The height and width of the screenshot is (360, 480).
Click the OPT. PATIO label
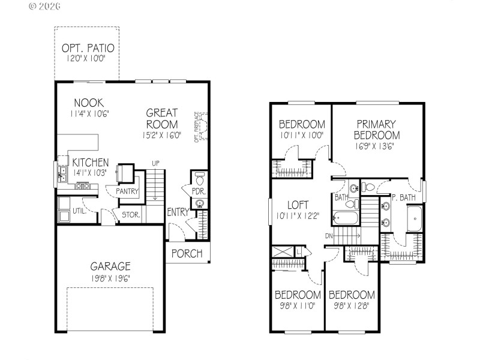[x=88, y=48]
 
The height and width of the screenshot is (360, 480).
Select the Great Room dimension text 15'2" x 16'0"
[x=161, y=136]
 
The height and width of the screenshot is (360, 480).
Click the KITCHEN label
[x=91, y=163]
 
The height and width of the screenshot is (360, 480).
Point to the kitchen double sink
[x=62, y=174]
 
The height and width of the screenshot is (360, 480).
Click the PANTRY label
[x=128, y=191]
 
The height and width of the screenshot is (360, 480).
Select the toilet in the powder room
[x=200, y=178]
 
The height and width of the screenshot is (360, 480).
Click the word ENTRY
[x=178, y=212]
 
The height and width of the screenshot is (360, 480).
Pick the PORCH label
[x=187, y=253]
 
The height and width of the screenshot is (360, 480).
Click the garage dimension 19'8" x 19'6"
[x=110, y=278]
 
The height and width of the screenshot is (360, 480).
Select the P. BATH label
[x=404, y=197]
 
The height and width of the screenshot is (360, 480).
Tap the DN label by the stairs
[x=329, y=236]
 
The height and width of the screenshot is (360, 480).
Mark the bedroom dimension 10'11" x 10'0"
[x=302, y=135]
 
